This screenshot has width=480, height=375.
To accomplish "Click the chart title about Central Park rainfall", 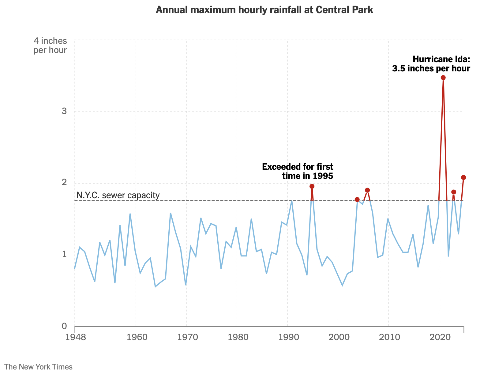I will (264, 10).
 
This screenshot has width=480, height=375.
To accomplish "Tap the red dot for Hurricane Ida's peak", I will (443, 78).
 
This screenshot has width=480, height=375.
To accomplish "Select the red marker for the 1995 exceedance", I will (312, 186).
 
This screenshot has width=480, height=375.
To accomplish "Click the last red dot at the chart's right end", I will (463, 177).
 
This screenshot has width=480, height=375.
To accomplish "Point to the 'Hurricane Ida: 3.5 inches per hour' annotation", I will (431, 64).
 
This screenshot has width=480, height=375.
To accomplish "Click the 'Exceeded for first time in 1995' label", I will (298, 171).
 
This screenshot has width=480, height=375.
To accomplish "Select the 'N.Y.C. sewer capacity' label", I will (118, 195).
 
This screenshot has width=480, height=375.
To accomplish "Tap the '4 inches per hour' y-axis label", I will (50, 45).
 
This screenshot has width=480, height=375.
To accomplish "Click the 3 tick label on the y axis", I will (64, 111).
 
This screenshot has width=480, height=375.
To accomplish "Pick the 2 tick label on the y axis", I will (64, 183).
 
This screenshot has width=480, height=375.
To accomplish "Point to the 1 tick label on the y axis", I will (64, 254).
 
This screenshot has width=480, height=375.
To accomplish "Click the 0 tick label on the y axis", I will (64, 326).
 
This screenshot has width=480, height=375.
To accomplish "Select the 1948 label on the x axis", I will (75, 337).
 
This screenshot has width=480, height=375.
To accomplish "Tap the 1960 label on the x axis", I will (136, 337).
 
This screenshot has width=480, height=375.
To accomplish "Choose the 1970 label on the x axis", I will (186, 337).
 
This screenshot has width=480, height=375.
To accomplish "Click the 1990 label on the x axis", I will (287, 337).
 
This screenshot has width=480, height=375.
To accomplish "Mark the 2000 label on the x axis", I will (338, 337).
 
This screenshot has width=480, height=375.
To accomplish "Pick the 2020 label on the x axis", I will (439, 337).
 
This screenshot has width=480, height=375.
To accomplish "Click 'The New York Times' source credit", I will (38, 367).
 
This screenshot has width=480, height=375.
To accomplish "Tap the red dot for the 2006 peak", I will (367, 190).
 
